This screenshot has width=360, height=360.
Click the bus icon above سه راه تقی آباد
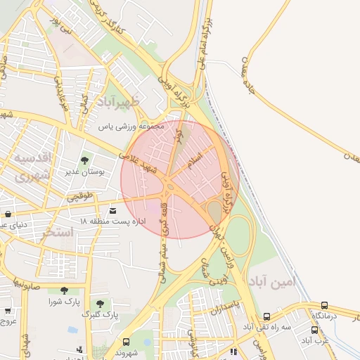click(266, 317)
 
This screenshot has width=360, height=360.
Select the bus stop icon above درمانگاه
click(324, 306)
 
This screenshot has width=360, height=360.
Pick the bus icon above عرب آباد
click(314, 330)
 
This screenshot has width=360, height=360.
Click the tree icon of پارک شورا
click(64, 290)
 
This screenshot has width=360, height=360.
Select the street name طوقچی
click(80, 198)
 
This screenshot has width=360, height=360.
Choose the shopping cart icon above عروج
click(8, 310)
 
